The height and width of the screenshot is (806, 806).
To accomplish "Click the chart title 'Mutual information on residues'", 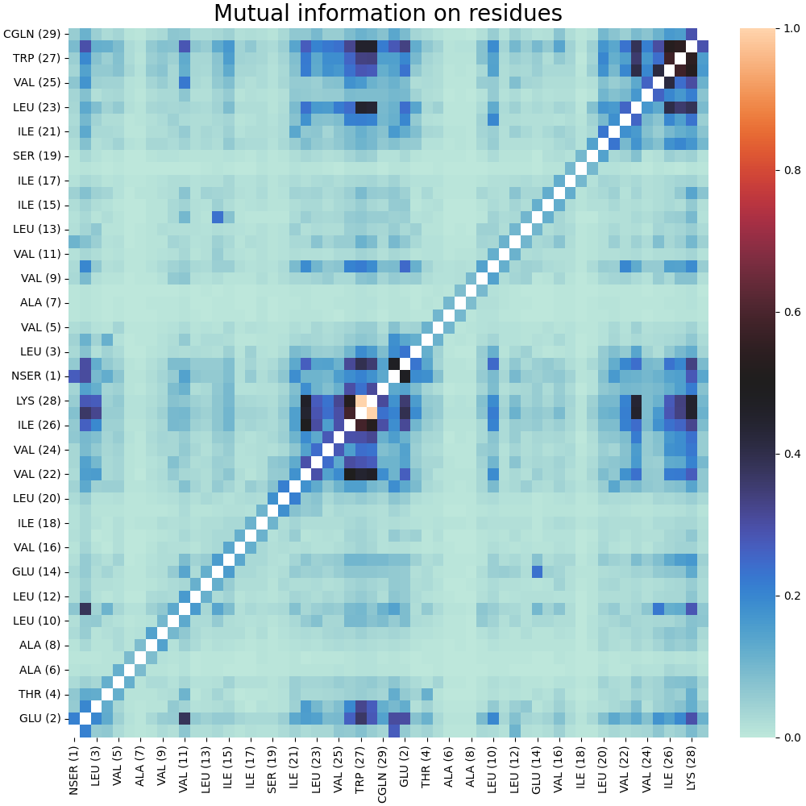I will (388, 14).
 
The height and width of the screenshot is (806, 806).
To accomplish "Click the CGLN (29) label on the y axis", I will (32, 34).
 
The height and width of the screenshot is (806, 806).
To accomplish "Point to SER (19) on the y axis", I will (36, 156).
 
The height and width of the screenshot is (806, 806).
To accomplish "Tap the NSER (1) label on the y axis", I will (34, 376).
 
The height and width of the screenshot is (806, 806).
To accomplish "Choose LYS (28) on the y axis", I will (37, 401).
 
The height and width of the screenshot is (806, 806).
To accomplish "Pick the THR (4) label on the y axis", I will (37, 694).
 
